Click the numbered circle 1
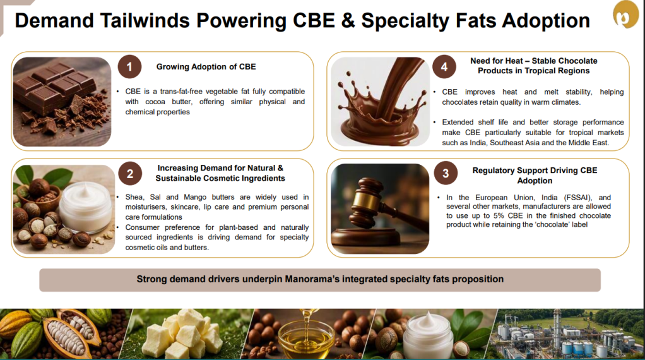(x=129, y=67)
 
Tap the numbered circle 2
(x=130, y=174)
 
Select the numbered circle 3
(x=446, y=173)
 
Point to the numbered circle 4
(x=444, y=67)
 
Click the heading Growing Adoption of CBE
(x=206, y=67)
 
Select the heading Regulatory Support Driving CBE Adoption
(x=535, y=176)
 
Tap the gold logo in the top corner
(x=625, y=15)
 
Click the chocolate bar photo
(x=62, y=102)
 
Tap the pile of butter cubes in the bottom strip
(x=186, y=334)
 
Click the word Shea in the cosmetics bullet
(x=134, y=197)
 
